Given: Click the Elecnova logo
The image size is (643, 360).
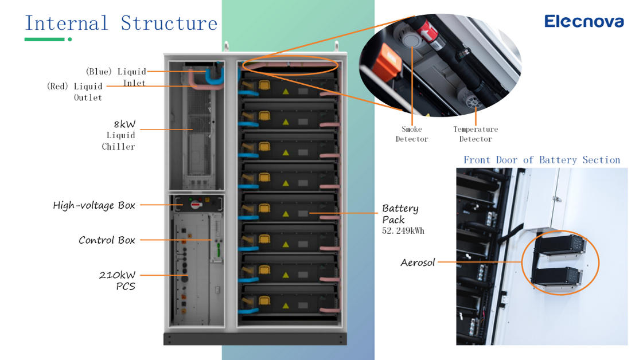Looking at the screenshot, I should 583,22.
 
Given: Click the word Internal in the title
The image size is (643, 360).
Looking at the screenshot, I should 66,24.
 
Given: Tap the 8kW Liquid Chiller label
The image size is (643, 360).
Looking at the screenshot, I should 119,135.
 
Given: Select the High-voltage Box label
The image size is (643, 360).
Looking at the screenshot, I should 94,205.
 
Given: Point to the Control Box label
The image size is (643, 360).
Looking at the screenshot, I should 107,240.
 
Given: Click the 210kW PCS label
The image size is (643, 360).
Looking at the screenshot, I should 118,280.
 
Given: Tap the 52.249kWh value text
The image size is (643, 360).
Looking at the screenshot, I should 403,231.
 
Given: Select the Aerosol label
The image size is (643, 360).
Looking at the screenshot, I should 418,263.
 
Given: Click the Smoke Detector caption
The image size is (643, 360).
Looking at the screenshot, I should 411,134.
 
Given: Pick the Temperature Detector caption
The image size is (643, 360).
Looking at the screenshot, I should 475,134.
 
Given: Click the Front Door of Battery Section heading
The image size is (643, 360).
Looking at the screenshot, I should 541,160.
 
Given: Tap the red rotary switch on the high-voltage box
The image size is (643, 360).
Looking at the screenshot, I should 195,204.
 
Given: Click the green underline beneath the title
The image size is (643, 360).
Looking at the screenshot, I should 44,39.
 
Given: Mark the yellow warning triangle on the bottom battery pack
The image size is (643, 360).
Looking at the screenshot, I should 285,304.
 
